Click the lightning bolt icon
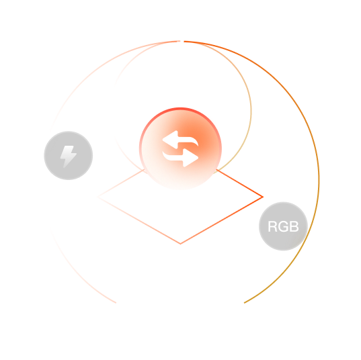(68, 156)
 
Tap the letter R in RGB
(272, 226)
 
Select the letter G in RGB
(282, 226)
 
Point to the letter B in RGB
(294, 226)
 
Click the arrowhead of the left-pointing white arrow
(170, 140)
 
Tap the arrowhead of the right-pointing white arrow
(191, 158)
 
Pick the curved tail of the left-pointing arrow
(188, 141)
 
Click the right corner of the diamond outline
(263, 197)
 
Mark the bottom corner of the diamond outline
(180, 244)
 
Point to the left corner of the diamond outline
(98, 197)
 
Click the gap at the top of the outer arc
(182, 42)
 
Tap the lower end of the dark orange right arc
(245, 303)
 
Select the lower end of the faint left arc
(116, 302)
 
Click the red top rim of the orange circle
(180, 109)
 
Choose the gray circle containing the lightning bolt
(69, 156)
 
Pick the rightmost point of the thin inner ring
(251, 111)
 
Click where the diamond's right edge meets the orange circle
(216, 170)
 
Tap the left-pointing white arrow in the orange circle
(180, 140)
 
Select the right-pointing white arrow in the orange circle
(180, 158)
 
